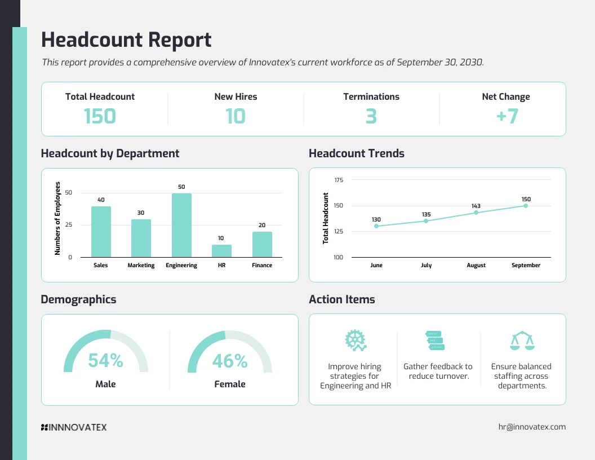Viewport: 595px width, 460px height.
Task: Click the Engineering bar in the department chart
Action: pos(181,225)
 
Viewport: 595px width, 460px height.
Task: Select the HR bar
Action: pos(221,251)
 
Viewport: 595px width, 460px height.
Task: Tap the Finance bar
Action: pos(262,245)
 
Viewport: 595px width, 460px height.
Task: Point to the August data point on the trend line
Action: pos(476,213)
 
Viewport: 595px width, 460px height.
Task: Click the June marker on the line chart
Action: pos(376,226)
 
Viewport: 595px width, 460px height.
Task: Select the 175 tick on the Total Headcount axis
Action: pos(339,180)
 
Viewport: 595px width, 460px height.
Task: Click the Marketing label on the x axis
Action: pos(141,265)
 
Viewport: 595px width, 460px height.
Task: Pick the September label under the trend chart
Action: pos(526,265)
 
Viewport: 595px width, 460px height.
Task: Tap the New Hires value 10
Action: pos(236,116)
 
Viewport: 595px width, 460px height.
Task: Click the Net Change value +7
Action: pos(506,116)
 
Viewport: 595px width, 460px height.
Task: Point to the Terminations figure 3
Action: pos(371,116)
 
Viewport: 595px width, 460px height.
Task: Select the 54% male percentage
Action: pos(105,361)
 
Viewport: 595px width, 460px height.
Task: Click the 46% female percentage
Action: pos(230,361)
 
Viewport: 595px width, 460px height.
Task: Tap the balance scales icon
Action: pos(521,340)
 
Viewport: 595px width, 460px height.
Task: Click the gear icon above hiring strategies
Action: pos(355,340)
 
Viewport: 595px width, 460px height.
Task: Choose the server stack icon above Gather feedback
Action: pos(434,340)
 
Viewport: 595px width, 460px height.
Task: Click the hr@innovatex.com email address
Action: pos(532,427)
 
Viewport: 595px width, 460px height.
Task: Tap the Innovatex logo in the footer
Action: pos(74,427)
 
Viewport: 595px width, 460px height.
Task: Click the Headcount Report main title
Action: pos(126,40)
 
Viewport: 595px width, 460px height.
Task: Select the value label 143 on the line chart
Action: pos(476,206)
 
